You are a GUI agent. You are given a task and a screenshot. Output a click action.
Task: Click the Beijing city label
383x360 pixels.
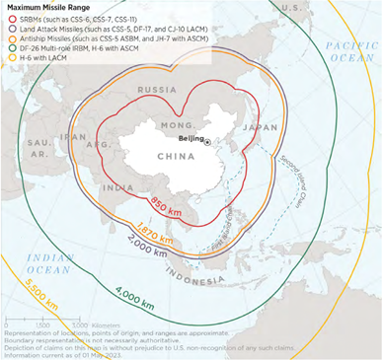[191, 139]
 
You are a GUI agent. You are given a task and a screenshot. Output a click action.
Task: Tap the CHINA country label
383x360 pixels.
[176, 156]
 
